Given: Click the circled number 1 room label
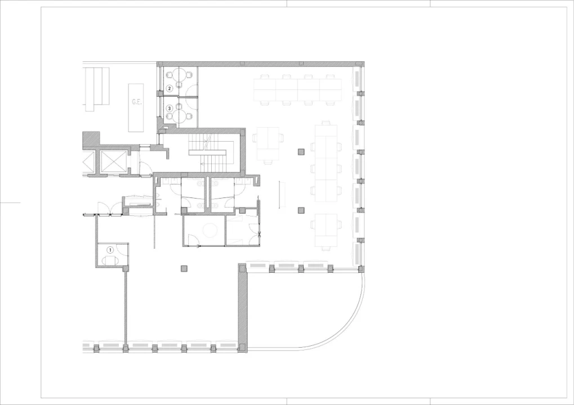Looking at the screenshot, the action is click(x=110, y=250).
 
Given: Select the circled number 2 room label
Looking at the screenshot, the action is click(x=169, y=88).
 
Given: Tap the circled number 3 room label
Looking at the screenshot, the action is click(x=169, y=109).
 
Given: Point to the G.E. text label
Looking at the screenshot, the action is click(x=136, y=102).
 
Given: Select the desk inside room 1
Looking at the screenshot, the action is click(x=110, y=260).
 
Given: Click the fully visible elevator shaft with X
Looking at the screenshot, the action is click(x=113, y=161).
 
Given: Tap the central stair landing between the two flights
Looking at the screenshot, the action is click(x=207, y=152).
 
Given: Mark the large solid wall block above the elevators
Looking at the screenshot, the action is click(x=91, y=140).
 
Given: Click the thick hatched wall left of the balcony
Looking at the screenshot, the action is click(x=243, y=308).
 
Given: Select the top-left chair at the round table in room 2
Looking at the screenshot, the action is click(x=170, y=75).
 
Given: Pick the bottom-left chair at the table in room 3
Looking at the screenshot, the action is click(x=169, y=116).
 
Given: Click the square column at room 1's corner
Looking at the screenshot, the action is click(x=126, y=269).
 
